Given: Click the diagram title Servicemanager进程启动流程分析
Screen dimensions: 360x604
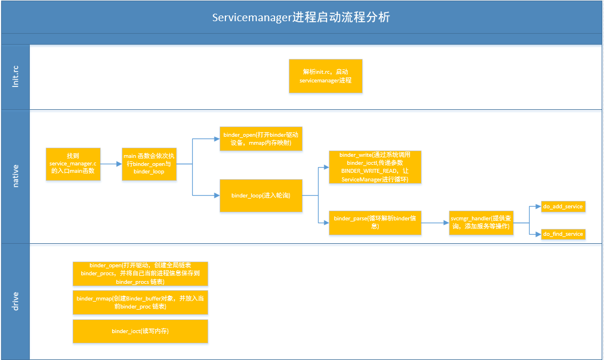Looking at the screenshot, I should (x=301, y=17).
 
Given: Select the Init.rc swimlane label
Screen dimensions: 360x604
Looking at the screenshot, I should (x=15, y=77).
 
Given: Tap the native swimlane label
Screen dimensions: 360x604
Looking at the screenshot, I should (x=15, y=176).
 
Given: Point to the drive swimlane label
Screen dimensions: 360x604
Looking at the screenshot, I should (x=15, y=301).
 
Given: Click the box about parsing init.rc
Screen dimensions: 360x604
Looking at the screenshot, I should (x=325, y=76).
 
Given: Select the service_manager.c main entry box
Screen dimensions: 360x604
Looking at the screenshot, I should (x=73, y=164).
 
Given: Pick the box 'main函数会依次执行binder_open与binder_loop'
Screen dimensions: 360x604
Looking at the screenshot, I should (x=149, y=164).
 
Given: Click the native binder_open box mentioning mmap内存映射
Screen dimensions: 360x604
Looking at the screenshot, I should (x=261, y=139).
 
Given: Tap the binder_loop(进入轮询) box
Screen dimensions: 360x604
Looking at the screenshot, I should (x=261, y=196).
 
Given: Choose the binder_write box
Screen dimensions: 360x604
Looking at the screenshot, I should (x=375, y=167).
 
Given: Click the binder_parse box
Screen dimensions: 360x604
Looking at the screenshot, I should (x=375, y=222).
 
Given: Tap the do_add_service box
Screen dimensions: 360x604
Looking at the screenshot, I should (x=563, y=206).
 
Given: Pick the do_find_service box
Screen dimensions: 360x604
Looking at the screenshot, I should (x=563, y=234).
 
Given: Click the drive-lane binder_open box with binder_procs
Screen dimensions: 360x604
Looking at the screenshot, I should (x=140, y=274).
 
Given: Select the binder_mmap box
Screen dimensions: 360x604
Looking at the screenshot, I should (x=140, y=302).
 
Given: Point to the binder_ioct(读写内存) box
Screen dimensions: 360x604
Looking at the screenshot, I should (x=140, y=331).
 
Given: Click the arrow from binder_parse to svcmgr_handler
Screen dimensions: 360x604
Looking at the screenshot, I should (x=435, y=222).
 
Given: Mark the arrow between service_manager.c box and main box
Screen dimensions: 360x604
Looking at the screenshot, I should (x=111, y=164).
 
